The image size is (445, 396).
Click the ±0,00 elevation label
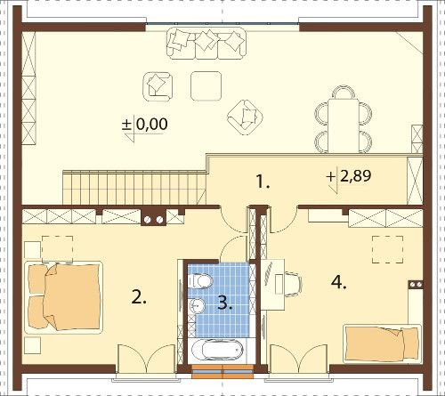tap(145, 124)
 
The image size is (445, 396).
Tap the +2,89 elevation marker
tap(349, 176)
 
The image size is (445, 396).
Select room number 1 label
tap(263, 182)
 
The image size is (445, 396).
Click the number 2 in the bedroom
tap(139, 297)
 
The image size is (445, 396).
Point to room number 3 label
tap(225, 303)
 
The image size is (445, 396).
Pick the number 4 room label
tap(338, 282)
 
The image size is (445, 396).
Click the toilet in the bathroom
tap(200, 281)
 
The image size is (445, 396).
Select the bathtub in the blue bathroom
tap(217, 350)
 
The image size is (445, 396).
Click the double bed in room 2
tap(63, 297)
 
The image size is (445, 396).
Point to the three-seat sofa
tap(206, 44)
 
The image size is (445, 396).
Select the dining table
tap(343, 126)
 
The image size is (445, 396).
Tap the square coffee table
tap(206, 86)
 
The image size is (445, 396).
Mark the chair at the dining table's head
tap(344, 93)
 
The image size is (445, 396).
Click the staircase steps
tap(134, 187)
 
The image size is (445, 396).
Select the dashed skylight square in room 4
tap(388, 249)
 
